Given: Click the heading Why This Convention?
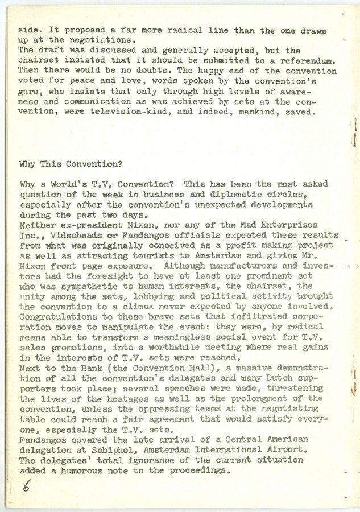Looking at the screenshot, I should coord(71,164).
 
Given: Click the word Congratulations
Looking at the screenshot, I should coord(56,316).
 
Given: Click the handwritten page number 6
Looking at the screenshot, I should coord(26,486).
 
